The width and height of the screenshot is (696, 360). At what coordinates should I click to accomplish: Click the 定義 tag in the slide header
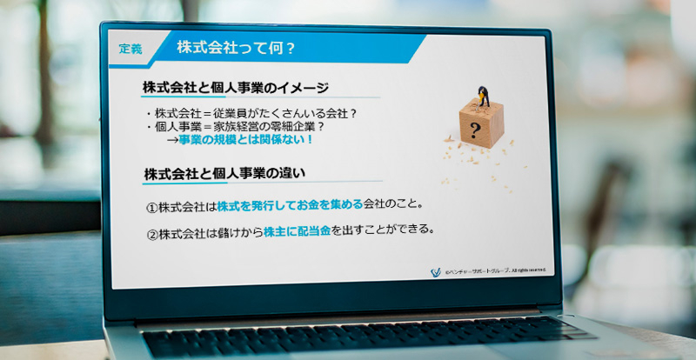pos(130,50)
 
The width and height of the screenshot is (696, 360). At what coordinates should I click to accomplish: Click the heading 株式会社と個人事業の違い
pos(229,172)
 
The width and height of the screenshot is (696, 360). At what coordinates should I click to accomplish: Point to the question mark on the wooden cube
pos(475,132)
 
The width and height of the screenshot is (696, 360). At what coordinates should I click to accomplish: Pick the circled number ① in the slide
pos(151,207)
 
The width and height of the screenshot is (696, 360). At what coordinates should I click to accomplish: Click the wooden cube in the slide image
pos(482,124)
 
